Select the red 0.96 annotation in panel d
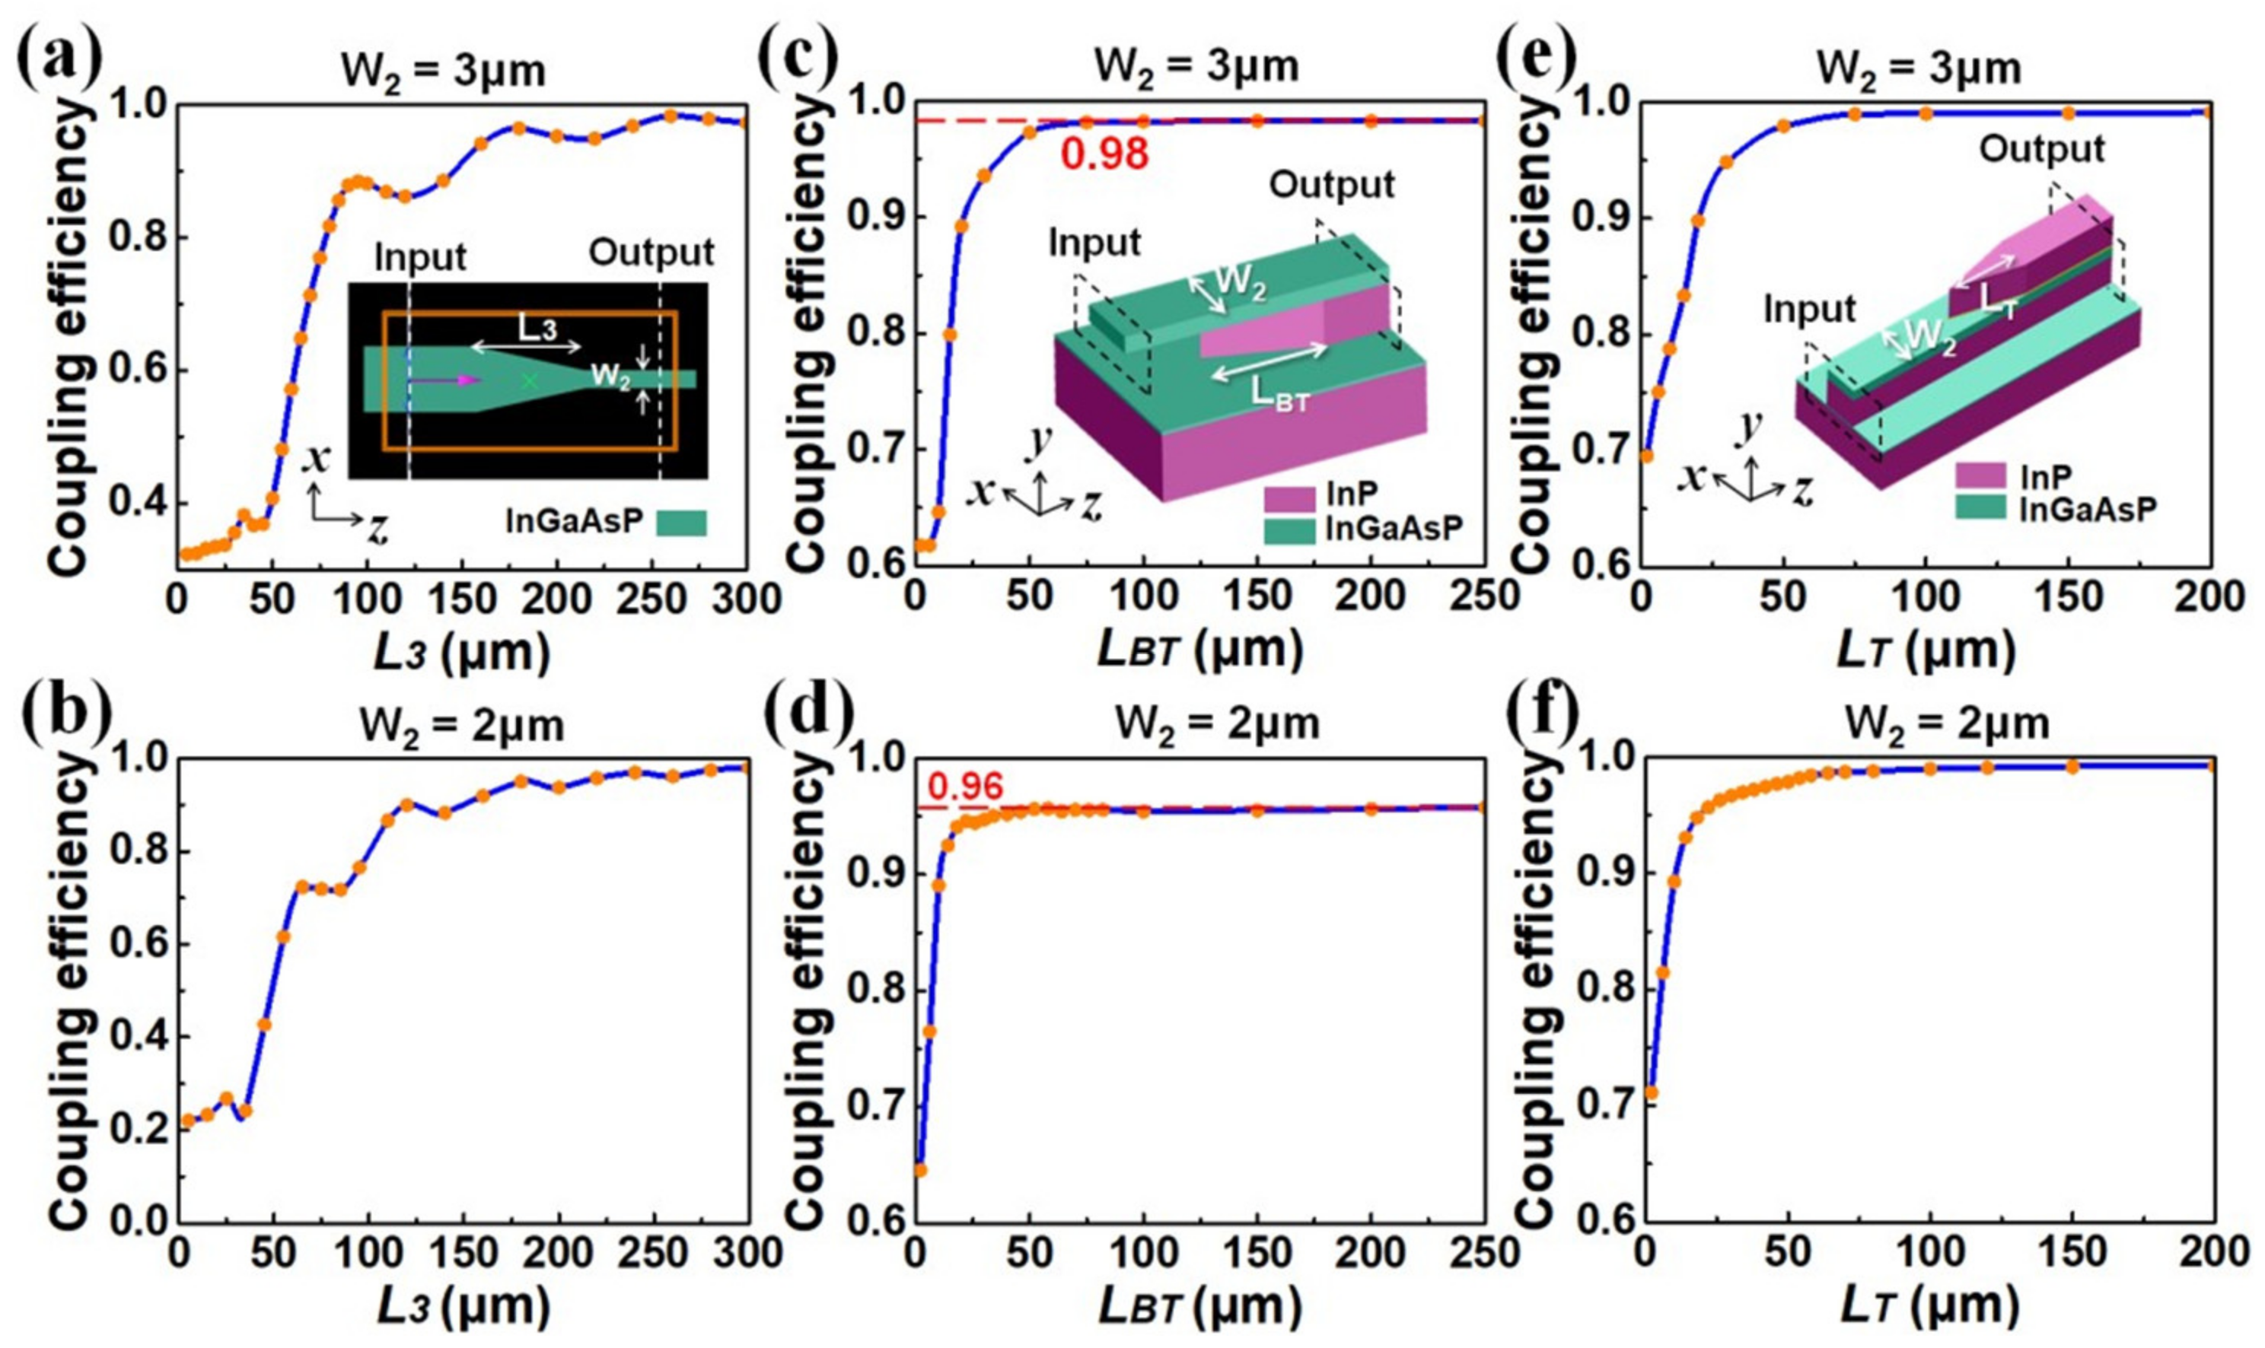[965, 788]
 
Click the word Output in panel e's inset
[2041, 150]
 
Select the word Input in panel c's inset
[1094, 243]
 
